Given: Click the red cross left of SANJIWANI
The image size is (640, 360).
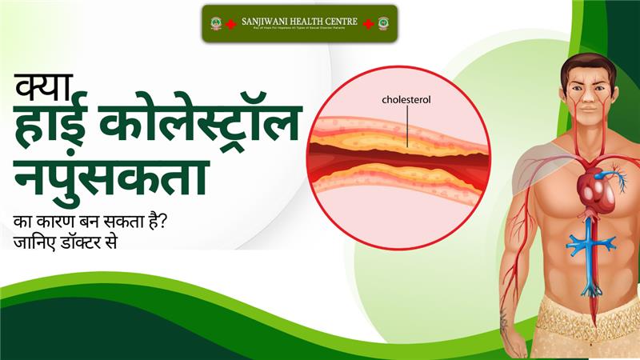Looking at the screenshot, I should (230, 23).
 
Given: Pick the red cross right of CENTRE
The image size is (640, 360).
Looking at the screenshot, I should (369, 23).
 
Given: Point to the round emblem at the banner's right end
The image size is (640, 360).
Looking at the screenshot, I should (383, 23).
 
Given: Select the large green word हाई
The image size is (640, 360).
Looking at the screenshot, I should (54, 128).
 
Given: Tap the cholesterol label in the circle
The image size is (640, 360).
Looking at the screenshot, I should (406, 100).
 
